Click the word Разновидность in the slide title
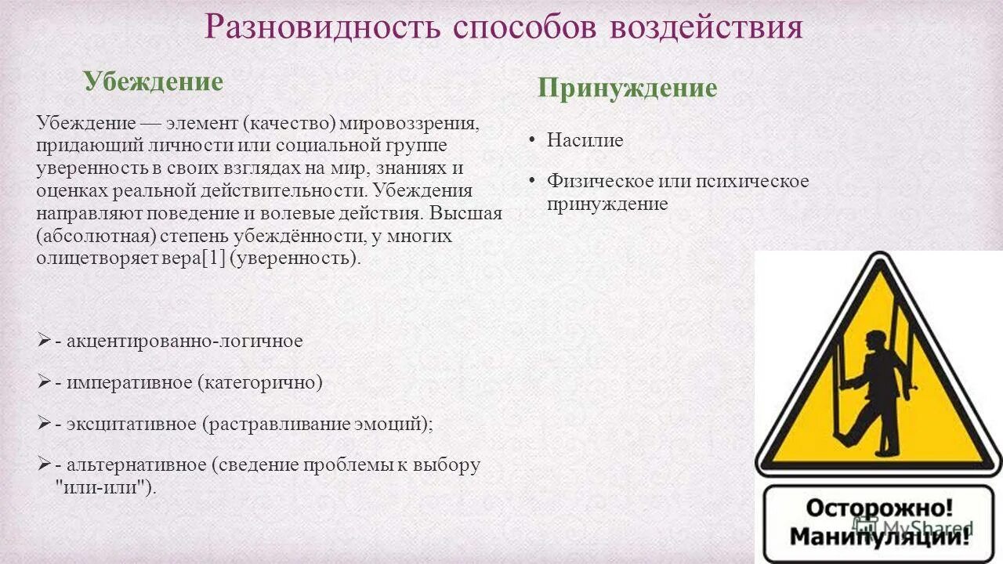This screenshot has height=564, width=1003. tap(322, 27)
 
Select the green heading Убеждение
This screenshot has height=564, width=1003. tap(154, 81)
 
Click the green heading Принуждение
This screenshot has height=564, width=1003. tap(627, 88)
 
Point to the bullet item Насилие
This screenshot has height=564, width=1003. tap(585, 141)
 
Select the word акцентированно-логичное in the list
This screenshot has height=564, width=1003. tap(184, 341)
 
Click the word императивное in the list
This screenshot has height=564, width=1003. tap(129, 382)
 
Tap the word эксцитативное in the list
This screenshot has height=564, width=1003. tap(131, 424)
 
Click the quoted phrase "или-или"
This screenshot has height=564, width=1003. tap(100, 486)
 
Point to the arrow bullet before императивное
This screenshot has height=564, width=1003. tap(44, 381)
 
